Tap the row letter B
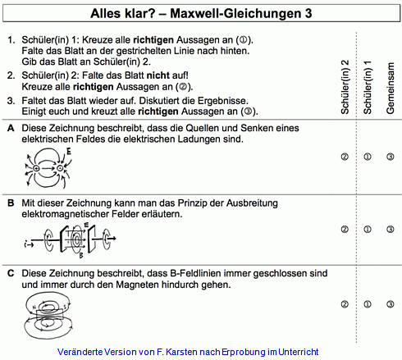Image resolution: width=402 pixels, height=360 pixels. click(9, 203)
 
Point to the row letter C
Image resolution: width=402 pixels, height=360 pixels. click(9, 271)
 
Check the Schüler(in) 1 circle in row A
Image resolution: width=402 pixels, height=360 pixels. click(368, 156)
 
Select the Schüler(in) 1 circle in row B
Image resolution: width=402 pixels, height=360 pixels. click(368, 230)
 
